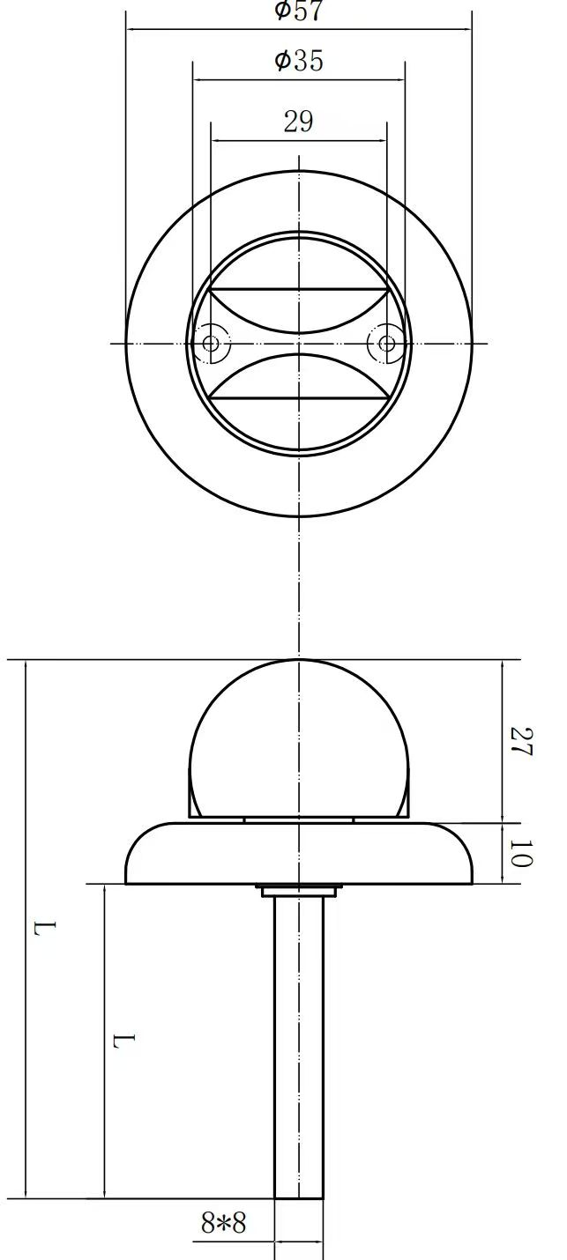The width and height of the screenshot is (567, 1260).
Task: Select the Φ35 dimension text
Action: [x=299, y=61]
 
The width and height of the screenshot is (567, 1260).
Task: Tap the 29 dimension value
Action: [x=298, y=122]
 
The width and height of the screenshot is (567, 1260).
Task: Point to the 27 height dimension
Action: [x=521, y=742]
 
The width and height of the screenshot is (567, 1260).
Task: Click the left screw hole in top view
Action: [x=211, y=343]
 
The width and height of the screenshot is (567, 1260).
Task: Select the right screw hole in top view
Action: [x=387, y=343]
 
